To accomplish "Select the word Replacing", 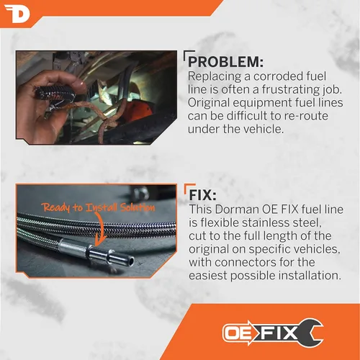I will coord(215,76).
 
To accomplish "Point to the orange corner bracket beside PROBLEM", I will coord(186,55).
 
